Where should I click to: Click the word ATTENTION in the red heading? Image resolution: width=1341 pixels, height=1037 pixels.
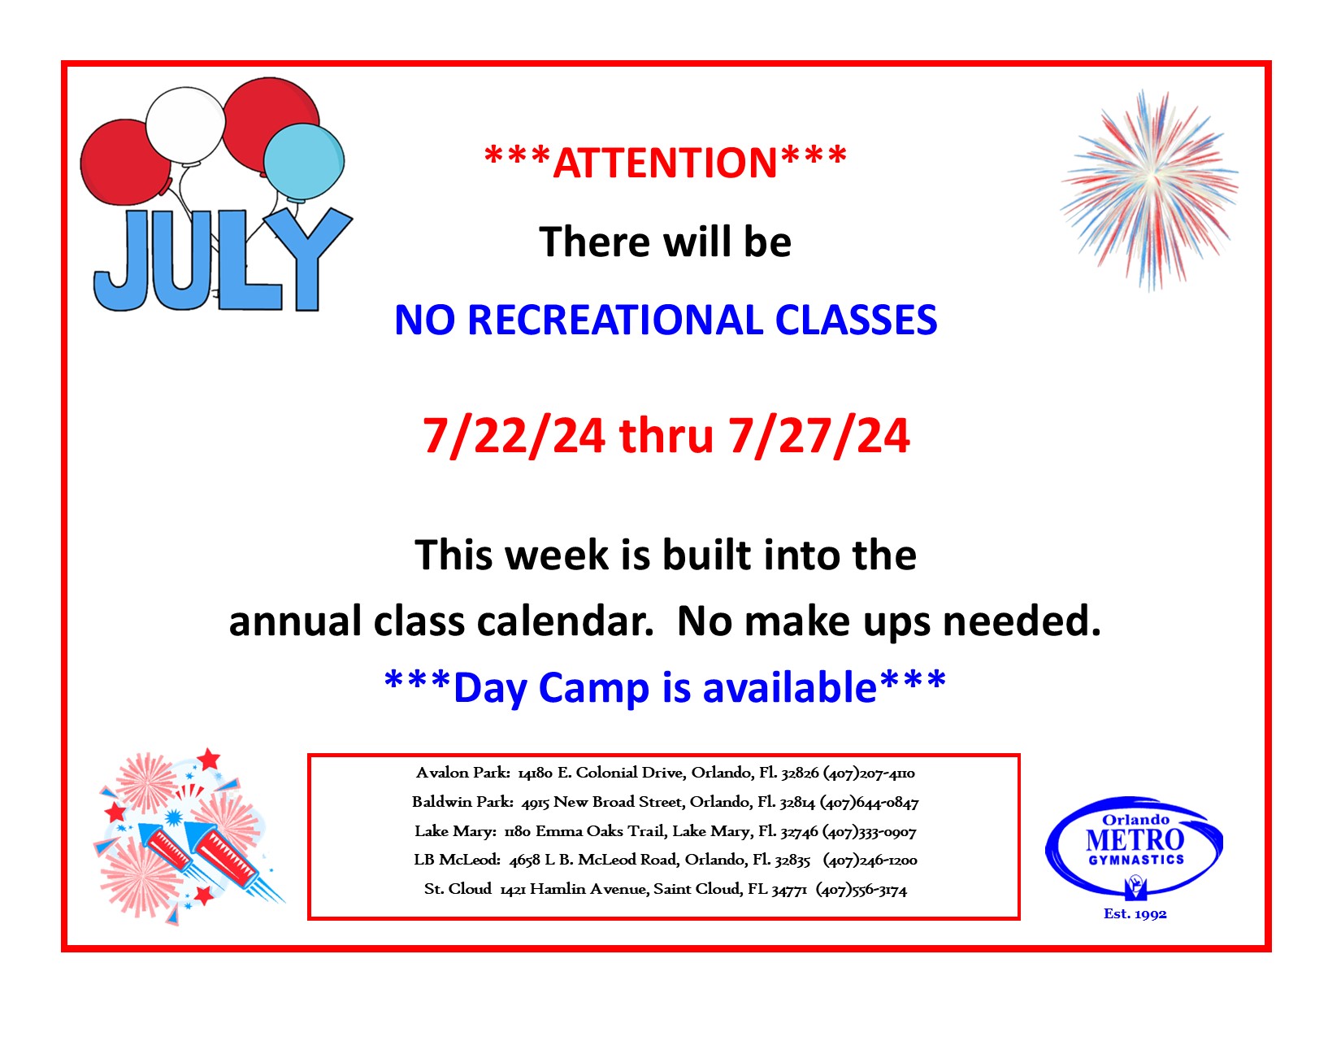(665, 163)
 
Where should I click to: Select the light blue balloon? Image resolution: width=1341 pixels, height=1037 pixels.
(304, 163)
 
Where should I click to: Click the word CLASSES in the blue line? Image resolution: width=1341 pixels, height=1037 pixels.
(856, 320)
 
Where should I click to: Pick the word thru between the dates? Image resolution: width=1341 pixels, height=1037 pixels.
(666, 436)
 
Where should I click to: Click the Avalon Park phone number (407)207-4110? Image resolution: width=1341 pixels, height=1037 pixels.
(869, 773)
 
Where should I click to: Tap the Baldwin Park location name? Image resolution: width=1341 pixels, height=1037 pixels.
(462, 802)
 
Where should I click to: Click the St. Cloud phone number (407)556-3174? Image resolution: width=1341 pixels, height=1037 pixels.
(861, 890)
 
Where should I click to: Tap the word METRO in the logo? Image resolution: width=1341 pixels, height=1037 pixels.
(1135, 840)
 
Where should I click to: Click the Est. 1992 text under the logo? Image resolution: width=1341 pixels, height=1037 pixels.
(1135, 914)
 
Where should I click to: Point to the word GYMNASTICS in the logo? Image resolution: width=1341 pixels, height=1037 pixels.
(1136, 861)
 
